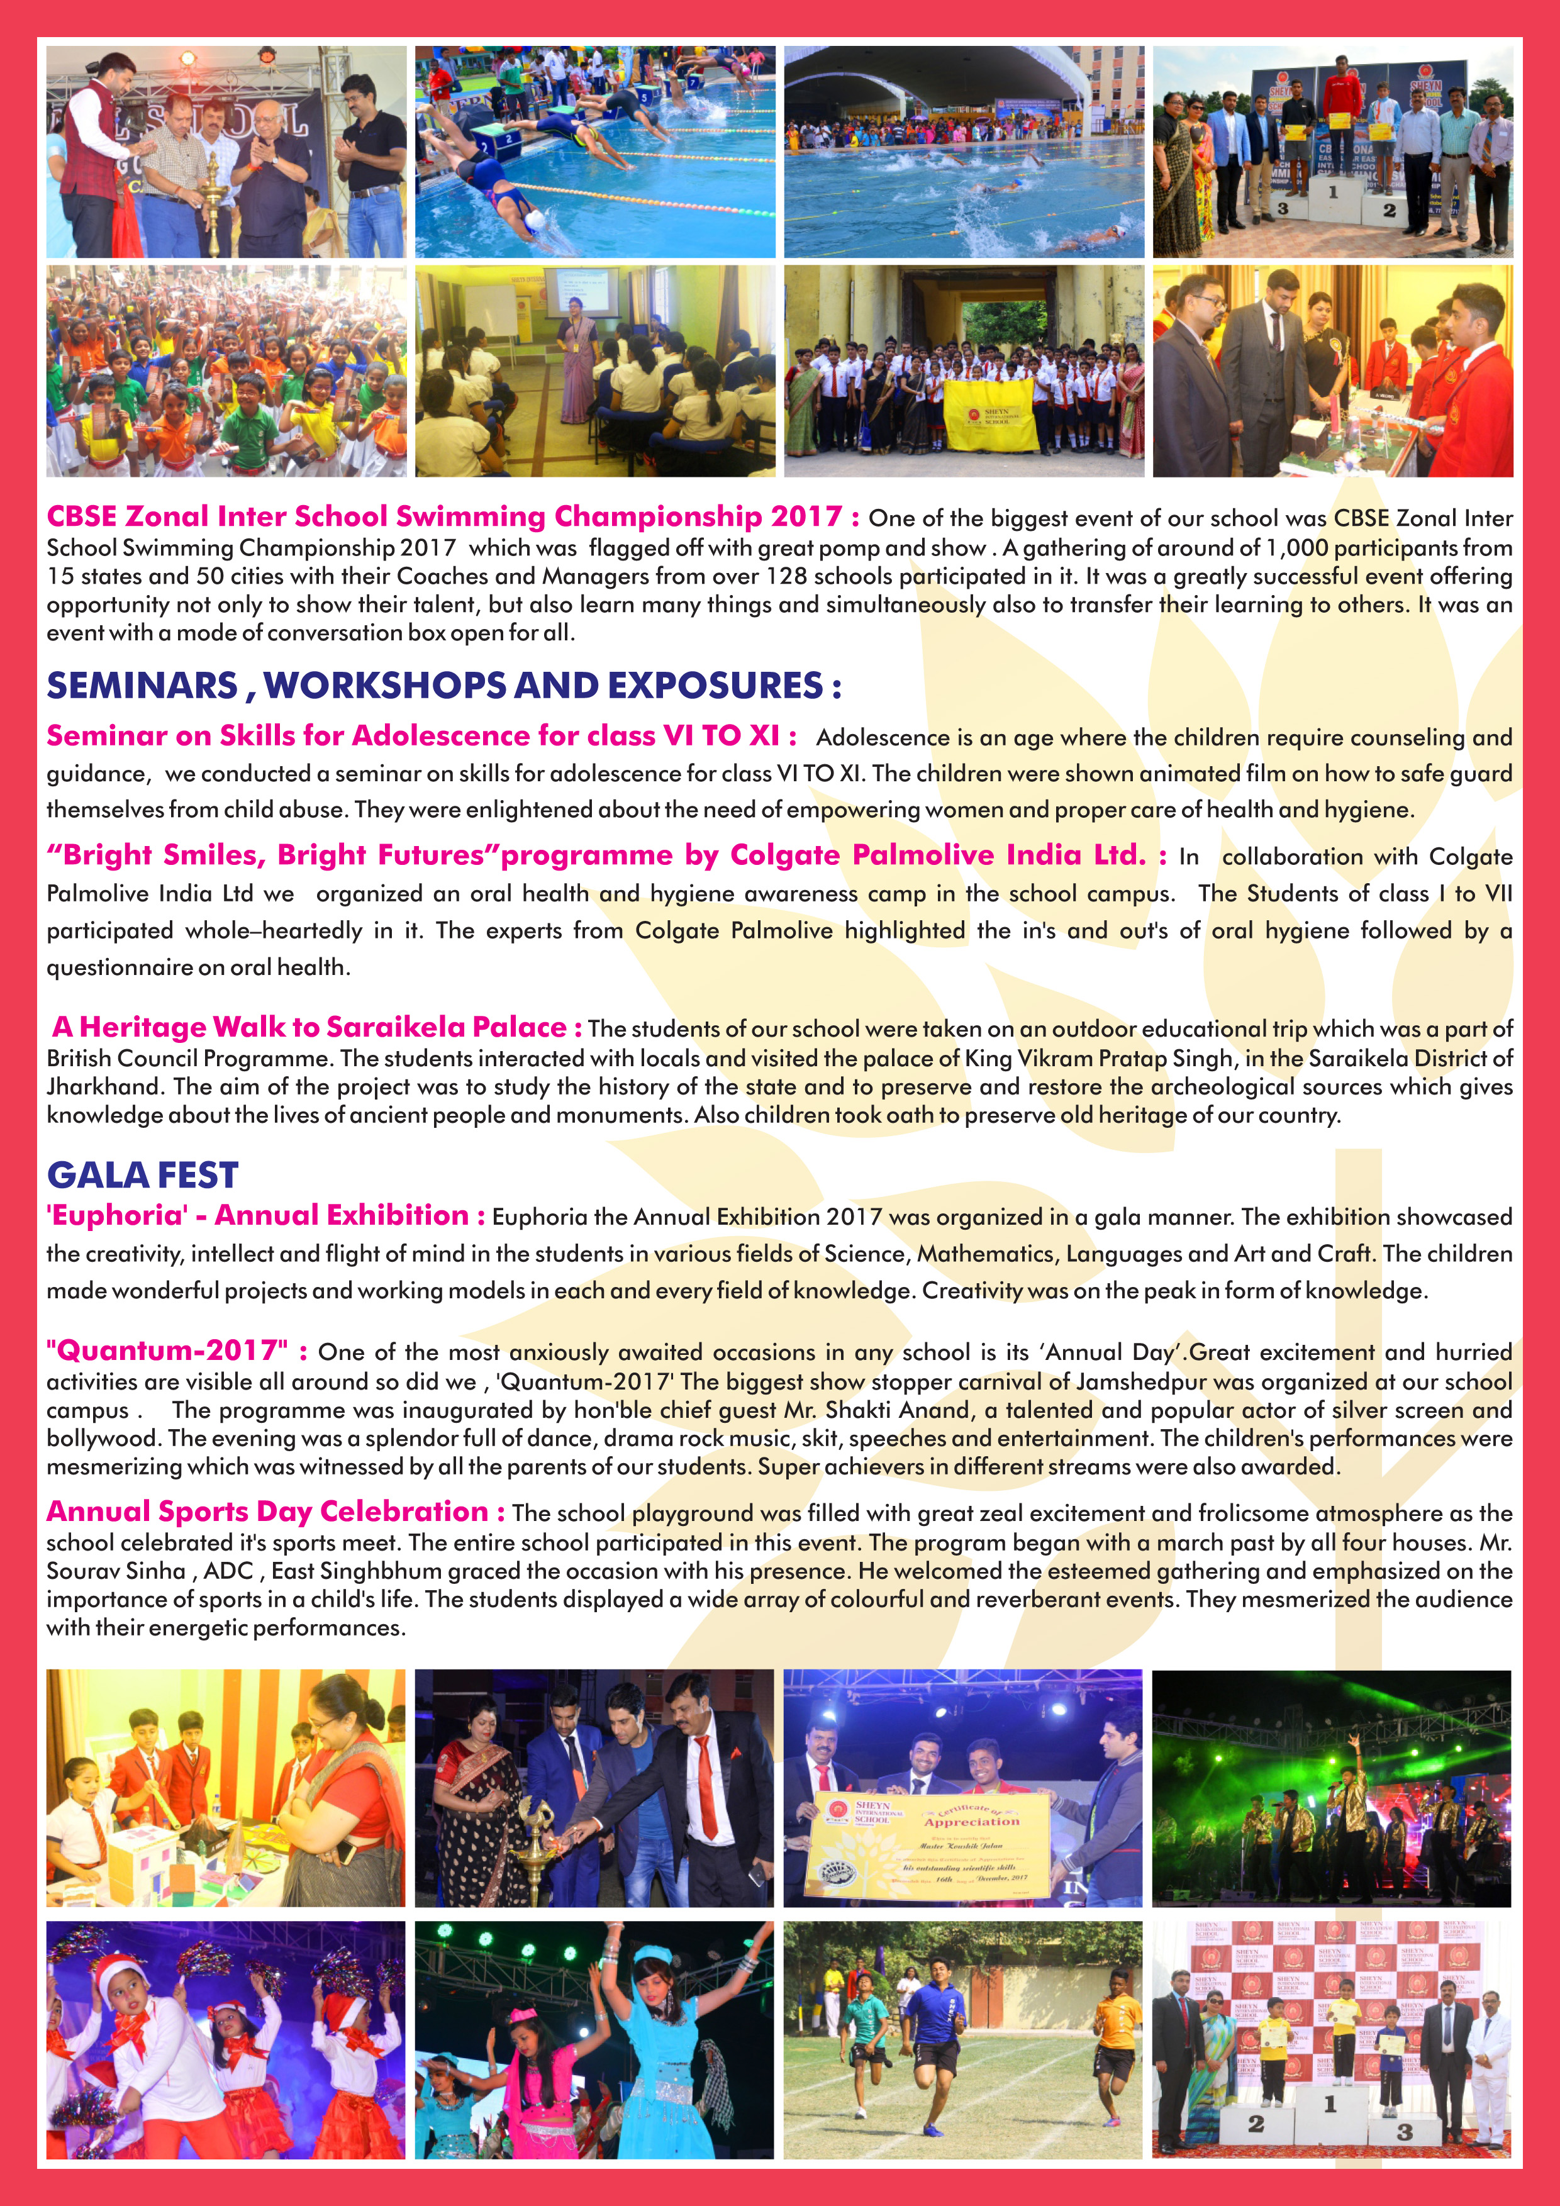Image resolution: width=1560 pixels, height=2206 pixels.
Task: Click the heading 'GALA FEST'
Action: (x=142, y=1175)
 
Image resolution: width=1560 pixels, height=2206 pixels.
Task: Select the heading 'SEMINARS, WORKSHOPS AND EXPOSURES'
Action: (x=444, y=685)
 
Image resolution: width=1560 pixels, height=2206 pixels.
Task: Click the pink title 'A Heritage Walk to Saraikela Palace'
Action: (x=317, y=1027)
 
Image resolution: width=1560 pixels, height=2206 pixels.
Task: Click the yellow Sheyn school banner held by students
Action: (x=989, y=415)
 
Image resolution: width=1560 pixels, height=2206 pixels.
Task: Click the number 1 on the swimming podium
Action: (x=1332, y=192)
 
